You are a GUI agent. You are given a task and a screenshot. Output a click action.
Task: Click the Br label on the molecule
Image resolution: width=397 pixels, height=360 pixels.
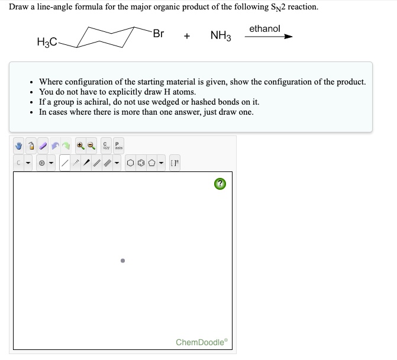[x=158, y=33]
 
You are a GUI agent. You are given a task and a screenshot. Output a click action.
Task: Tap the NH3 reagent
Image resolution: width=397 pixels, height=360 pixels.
[x=221, y=36]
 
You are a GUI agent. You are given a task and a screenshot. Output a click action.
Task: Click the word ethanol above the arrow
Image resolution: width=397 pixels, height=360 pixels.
[x=264, y=28]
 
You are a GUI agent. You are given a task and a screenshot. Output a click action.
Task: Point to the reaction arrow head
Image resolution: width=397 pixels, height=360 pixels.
[x=288, y=37]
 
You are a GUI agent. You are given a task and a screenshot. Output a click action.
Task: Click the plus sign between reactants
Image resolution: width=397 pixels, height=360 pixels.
[x=187, y=36]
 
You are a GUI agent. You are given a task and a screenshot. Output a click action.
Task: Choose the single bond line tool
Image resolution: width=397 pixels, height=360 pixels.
[x=66, y=163]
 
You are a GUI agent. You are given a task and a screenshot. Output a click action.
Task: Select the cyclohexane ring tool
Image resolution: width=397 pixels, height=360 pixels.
[x=130, y=163]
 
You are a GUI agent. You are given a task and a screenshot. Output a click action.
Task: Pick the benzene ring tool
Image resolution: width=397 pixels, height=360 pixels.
[x=141, y=163]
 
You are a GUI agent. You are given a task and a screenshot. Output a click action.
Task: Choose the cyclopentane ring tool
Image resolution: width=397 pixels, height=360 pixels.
[x=151, y=163]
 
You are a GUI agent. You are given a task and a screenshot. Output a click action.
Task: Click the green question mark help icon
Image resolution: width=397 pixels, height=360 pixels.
[x=220, y=184]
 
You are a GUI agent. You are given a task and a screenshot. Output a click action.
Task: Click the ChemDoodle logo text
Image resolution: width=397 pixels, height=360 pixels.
[x=201, y=342]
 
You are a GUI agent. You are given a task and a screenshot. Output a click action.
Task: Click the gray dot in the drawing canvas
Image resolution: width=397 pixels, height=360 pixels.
[x=122, y=260]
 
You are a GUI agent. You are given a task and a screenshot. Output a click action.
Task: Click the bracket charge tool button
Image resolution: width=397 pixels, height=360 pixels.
[x=175, y=163]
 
